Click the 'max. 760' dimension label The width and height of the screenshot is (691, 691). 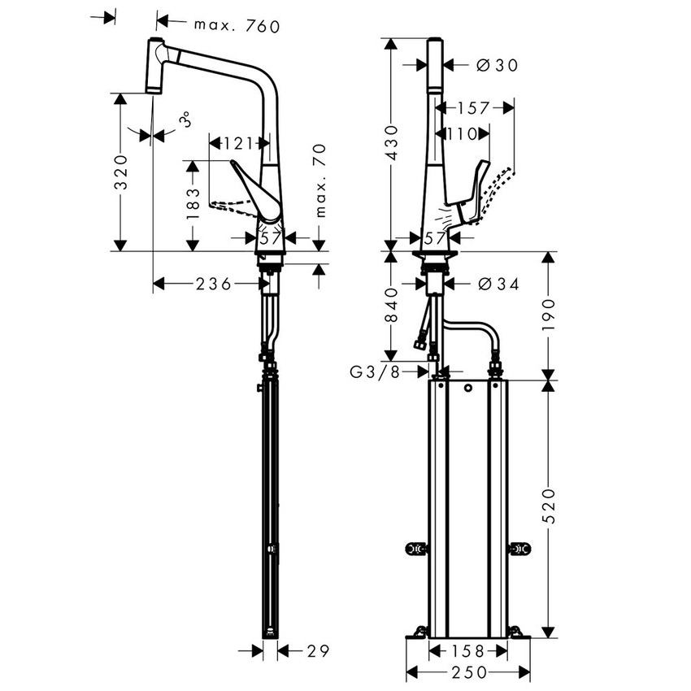[x=237, y=26]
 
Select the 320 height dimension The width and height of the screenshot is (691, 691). [x=120, y=172]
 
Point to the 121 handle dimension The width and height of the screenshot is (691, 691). [x=237, y=144]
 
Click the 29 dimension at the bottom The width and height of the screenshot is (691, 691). [x=316, y=650]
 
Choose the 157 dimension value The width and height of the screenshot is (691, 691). [x=473, y=107]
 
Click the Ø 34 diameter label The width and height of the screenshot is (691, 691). [x=497, y=284]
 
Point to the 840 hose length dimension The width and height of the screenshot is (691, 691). [x=392, y=305]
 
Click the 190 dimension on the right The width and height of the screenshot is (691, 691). [x=550, y=312]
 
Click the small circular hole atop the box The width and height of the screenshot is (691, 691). [x=468, y=389]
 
